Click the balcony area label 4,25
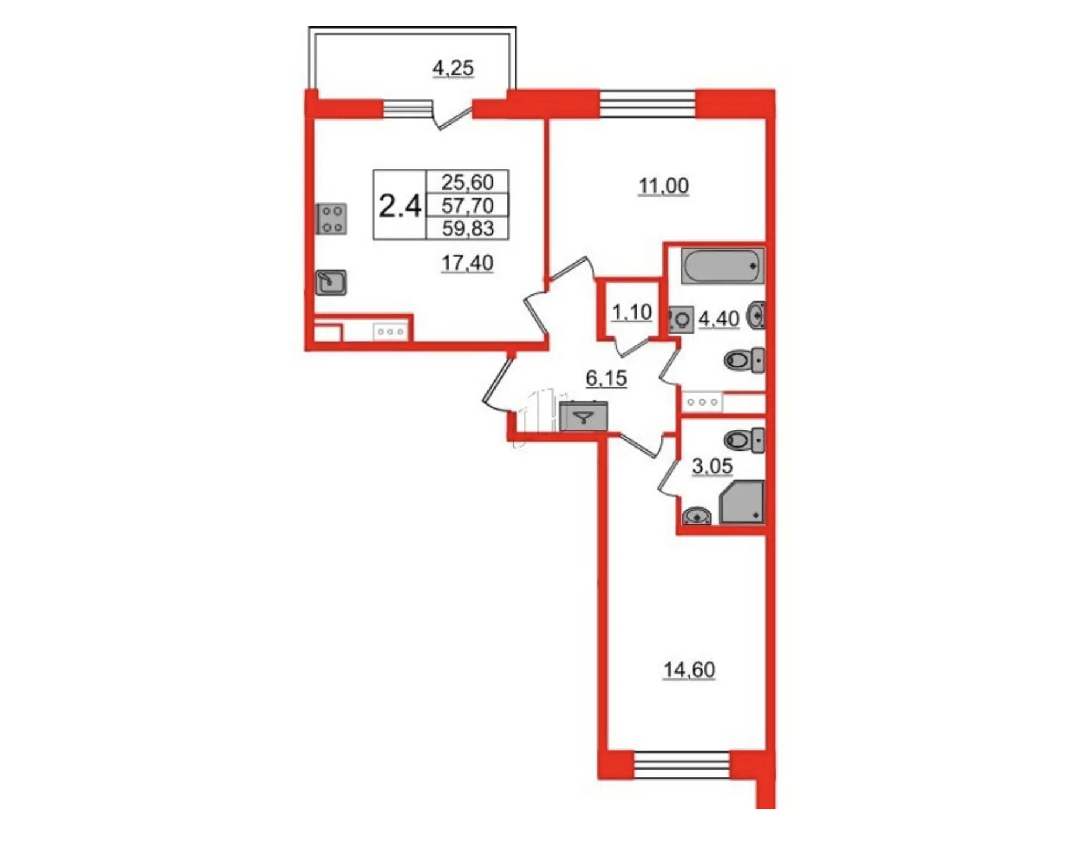click(453, 68)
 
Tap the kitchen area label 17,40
click(467, 263)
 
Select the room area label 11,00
click(663, 186)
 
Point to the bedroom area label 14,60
click(689, 669)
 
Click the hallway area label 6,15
click(606, 379)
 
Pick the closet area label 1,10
click(631, 312)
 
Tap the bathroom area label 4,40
click(719, 319)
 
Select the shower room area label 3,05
click(712, 466)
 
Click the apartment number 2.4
click(400, 206)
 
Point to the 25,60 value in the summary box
click(468, 182)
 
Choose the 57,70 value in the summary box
click(468, 205)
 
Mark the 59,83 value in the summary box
click(468, 228)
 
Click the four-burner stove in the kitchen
click(331, 219)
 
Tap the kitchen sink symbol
click(331, 283)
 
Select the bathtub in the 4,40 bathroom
click(723, 266)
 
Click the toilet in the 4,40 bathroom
click(744, 360)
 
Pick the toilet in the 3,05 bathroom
click(744, 440)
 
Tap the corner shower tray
click(742, 502)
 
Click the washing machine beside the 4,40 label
click(681, 320)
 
